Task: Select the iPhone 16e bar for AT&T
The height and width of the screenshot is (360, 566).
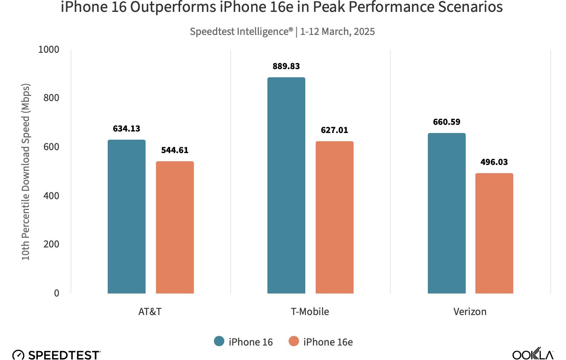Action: pos(175,227)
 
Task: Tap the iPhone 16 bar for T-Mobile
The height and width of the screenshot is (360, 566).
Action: pos(286,185)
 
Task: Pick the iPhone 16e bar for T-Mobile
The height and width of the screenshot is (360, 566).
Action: pos(334,217)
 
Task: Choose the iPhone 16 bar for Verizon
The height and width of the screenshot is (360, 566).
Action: pos(446,213)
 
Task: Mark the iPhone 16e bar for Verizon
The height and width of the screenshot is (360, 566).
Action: pos(494,233)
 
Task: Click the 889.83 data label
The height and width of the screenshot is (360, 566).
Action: pos(286,67)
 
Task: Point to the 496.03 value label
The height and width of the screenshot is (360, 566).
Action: pos(494,162)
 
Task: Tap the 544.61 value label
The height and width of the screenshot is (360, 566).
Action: pos(175,150)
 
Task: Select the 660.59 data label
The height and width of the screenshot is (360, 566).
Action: pos(446,122)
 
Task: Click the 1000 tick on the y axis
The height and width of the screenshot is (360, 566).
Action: pos(49,50)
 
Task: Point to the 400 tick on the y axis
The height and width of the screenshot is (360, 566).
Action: pos(51,196)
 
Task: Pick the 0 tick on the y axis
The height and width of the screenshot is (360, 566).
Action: pos(56,293)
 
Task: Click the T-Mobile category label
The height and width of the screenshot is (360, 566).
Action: pos(310,312)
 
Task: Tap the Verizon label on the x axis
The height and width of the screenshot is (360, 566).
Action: pos(470,312)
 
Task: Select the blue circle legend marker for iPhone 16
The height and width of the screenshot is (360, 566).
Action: pos(219,341)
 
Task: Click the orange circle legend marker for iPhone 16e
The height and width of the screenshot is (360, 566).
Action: pos(294,341)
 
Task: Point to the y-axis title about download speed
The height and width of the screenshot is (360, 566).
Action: pos(25,172)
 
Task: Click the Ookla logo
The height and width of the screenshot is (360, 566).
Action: pos(533,354)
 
